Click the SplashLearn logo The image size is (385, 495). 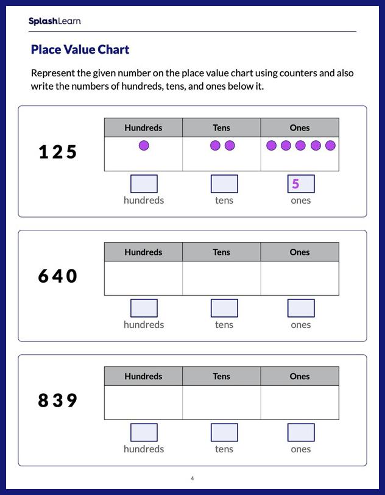pos(54,21)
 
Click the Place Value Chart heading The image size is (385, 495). pos(80,50)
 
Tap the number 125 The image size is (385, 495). pos(58,152)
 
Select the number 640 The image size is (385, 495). pos(58,276)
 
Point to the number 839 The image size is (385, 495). pos(58,401)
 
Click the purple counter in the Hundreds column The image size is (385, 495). pos(144,146)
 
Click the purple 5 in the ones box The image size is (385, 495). pos(295,183)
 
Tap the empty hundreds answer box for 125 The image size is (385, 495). pos(144,183)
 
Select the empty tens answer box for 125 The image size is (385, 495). pos(224,183)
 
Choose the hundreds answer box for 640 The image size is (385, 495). pos(144,308)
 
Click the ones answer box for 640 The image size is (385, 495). pos(301,308)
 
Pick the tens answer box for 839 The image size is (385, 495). pos(224,432)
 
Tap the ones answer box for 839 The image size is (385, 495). pos(301,432)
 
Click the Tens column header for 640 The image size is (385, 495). pos(222,252)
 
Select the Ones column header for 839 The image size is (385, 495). pos(300,376)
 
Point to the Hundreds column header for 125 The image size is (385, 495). pos(143,127)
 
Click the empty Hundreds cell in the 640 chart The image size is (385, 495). pos(143,278)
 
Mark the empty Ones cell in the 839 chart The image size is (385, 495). pos(300,402)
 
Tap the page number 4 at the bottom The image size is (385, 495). pos(192,478)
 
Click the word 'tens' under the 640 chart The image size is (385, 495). pos(224,325)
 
